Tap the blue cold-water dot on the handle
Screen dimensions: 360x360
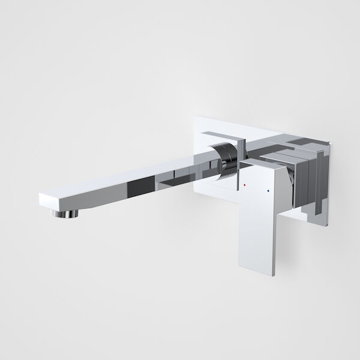(x=267, y=193)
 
